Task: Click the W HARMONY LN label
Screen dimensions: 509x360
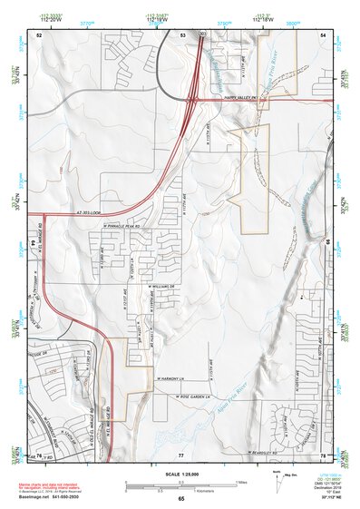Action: point(169,378)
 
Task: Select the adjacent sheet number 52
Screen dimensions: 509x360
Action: point(40,34)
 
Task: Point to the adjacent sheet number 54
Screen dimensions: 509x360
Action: point(324,34)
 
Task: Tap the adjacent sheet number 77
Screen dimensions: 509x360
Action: point(181,453)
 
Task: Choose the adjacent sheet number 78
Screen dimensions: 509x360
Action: point(323,453)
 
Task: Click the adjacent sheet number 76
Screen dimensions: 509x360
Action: point(40,453)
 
